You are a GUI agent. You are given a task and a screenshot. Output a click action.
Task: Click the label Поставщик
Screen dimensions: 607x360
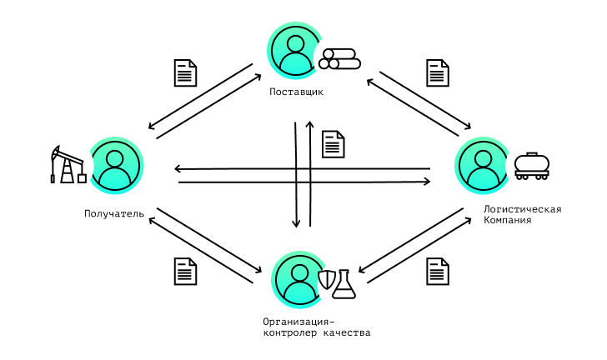296,92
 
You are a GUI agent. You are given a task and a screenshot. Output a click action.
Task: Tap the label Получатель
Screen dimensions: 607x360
114,213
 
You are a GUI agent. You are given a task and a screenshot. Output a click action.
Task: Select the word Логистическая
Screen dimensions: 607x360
522,209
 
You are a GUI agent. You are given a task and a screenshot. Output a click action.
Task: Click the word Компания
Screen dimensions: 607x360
507,220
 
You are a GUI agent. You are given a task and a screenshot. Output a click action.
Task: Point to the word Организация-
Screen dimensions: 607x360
298,322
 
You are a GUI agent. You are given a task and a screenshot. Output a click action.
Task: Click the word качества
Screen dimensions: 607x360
347,332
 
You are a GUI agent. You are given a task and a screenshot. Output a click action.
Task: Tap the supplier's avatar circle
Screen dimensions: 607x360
296,50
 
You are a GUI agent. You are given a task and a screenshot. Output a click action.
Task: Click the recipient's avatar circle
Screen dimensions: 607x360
115,166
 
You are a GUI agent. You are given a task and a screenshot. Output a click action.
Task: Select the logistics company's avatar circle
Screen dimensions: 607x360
483,166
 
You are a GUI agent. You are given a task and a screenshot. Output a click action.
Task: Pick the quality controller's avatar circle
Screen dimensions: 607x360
299,279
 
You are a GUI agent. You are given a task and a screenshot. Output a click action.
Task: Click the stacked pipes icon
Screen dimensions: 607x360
340,59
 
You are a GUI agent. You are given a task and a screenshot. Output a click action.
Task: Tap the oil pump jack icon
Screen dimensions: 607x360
68,164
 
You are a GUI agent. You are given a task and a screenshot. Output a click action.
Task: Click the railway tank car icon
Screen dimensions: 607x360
532,166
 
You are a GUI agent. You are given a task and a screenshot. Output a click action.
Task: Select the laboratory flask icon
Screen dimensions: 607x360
344,284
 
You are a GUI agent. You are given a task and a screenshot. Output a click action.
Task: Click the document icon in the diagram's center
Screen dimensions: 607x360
334,144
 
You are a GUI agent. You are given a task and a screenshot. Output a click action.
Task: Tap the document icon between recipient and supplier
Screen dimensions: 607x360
185,72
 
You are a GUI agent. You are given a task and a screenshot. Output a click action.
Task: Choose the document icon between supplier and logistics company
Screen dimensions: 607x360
438,72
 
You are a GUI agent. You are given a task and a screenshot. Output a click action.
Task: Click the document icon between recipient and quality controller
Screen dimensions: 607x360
185,272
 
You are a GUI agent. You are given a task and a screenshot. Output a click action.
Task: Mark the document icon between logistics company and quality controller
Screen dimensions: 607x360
438,272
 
